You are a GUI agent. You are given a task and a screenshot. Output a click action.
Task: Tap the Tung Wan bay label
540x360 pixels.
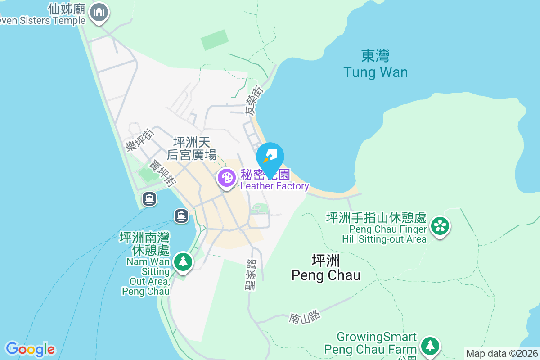(x=375, y=64)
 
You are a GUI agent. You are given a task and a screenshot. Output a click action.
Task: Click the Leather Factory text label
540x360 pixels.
(x=274, y=186)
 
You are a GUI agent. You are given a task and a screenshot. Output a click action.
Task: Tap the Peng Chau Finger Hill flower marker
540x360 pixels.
(x=440, y=226)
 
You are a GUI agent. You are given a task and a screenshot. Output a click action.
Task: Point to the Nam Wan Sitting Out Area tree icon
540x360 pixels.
(x=183, y=261)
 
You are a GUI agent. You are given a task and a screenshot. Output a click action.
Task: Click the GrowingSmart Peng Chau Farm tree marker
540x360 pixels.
(x=430, y=346)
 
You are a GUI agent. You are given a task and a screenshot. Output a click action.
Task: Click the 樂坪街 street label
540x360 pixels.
(x=140, y=139)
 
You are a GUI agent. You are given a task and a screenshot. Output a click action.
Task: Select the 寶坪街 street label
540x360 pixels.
(x=163, y=173)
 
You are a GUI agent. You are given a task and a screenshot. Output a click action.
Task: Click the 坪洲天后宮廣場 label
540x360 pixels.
(x=192, y=149)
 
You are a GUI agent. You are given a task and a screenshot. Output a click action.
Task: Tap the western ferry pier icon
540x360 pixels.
(x=149, y=198)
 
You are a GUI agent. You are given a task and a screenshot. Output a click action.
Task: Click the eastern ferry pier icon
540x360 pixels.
(x=181, y=216)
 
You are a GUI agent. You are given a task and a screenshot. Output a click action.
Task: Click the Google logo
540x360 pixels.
(x=30, y=349)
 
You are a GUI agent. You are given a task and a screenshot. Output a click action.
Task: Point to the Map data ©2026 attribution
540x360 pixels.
(x=501, y=353)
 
